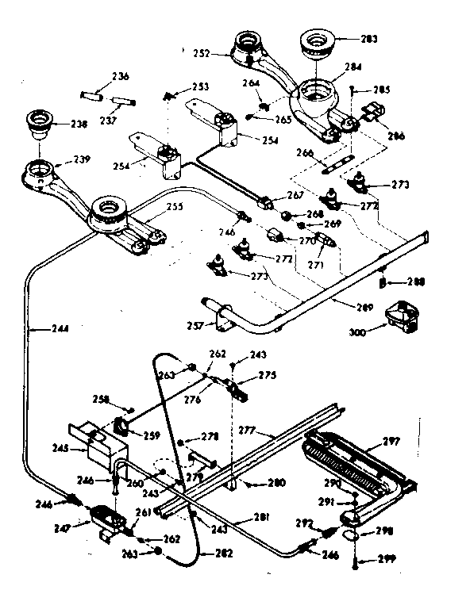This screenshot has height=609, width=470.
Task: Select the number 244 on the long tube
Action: click(x=37, y=326)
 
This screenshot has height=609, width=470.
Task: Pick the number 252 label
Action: click(x=201, y=53)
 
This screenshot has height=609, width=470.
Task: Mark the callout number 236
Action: click(x=120, y=76)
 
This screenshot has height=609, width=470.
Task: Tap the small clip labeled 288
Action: click(x=382, y=282)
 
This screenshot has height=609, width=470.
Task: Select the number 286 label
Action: click(x=395, y=136)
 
